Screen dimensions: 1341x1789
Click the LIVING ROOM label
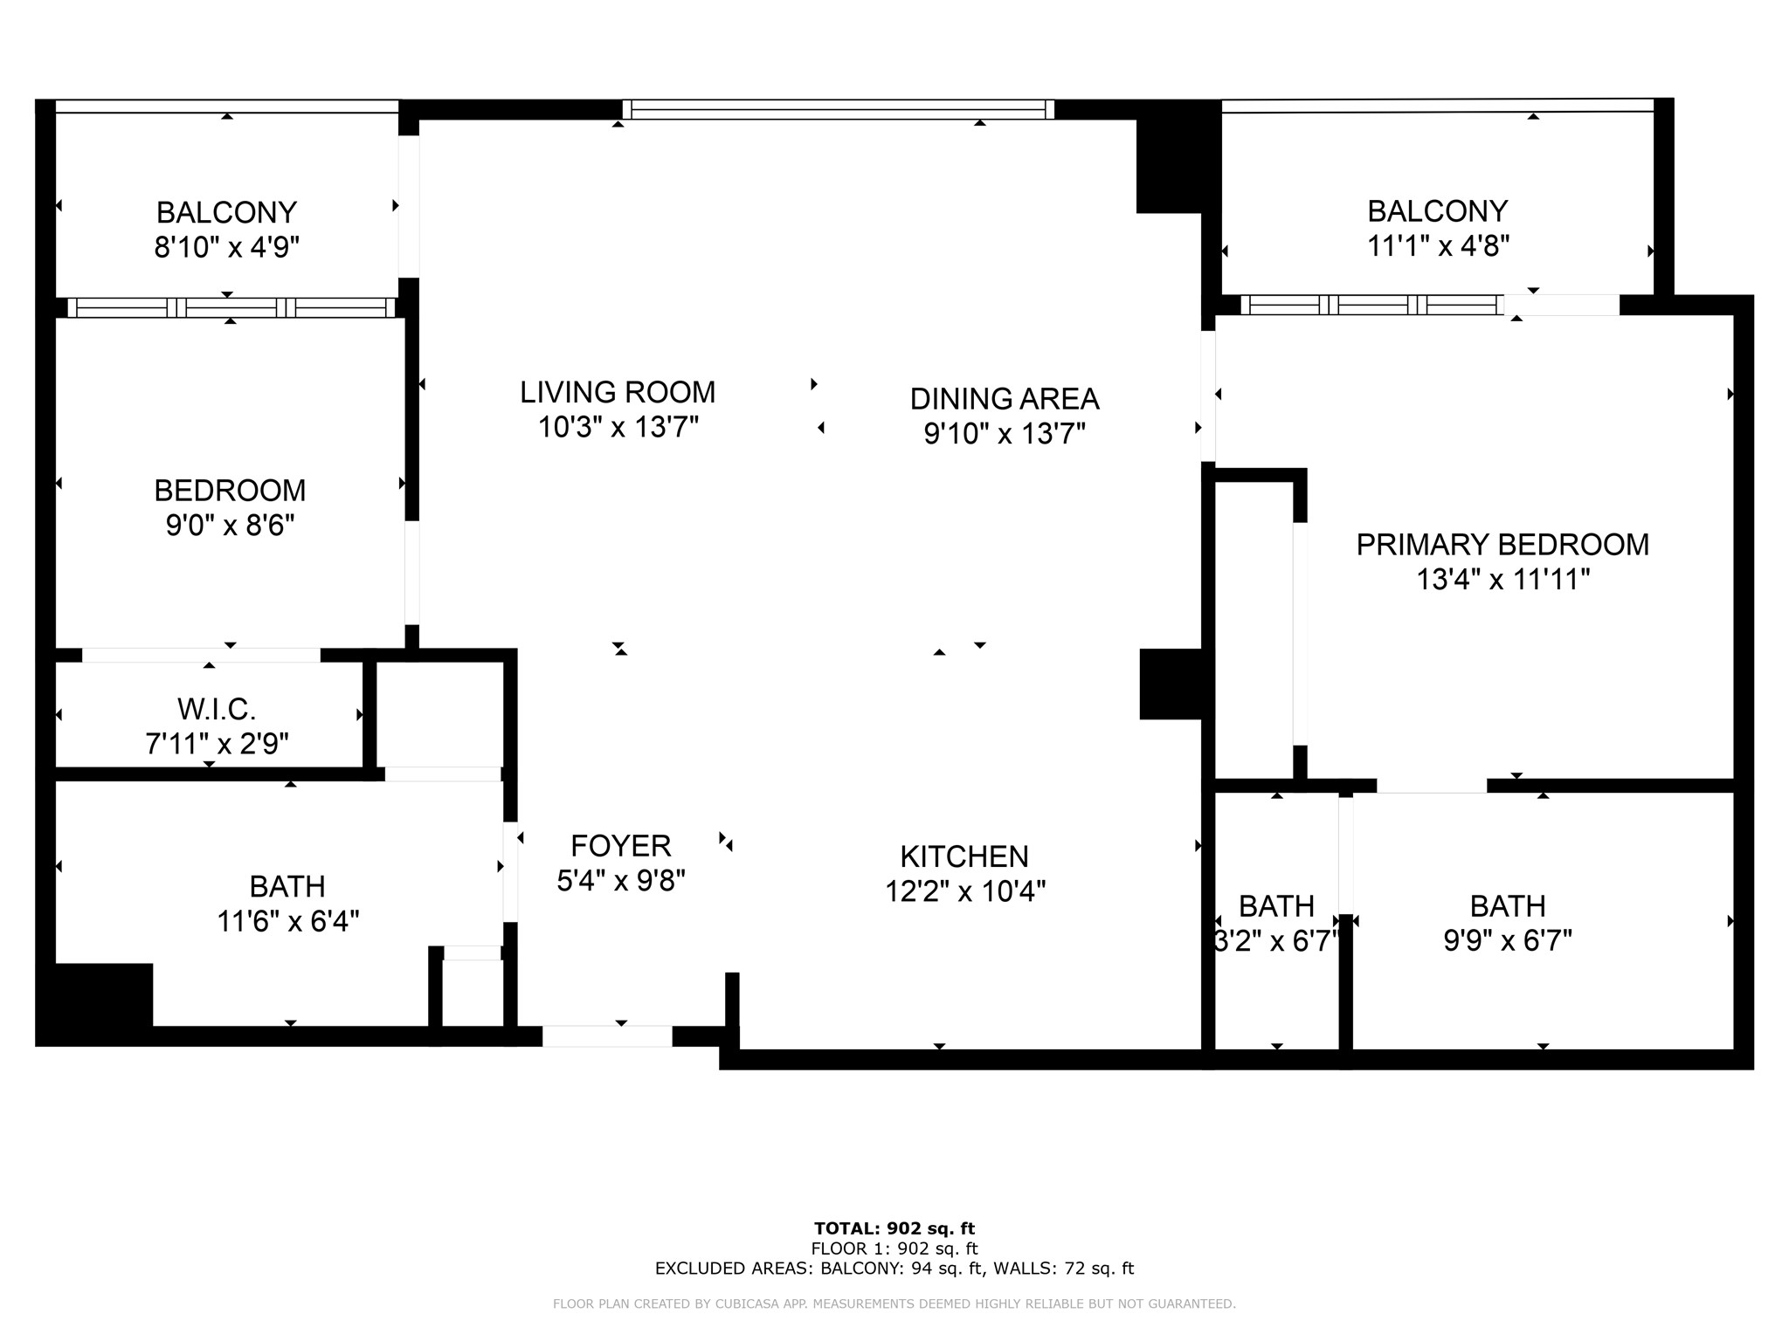[x=618, y=392]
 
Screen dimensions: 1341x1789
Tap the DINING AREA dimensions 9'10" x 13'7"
[x=1005, y=434]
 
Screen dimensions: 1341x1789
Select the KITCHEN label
[x=964, y=856]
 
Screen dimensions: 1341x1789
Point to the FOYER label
[x=620, y=846]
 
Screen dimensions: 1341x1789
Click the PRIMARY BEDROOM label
[x=1502, y=545]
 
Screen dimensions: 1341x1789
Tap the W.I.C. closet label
[x=217, y=709]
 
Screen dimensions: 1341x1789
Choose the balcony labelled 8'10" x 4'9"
[x=226, y=229]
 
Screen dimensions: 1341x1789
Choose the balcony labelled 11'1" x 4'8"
[x=1438, y=228]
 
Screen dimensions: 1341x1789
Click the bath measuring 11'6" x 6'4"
[x=287, y=904]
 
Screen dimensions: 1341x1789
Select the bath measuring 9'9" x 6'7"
[x=1508, y=923]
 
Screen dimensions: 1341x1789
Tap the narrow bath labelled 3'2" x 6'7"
[x=1276, y=923]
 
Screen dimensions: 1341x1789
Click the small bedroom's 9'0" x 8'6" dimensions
[x=230, y=526]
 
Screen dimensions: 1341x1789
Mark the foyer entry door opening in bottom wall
[x=607, y=1036]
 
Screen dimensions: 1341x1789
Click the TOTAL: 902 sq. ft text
[x=894, y=1229]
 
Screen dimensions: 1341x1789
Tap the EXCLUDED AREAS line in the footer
[x=894, y=1269]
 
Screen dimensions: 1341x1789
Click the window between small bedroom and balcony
[x=231, y=307]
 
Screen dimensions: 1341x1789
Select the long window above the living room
[x=838, y=110]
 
